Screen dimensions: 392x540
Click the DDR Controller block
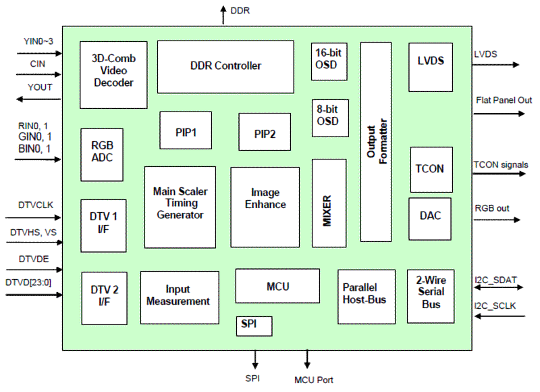[x=225, y=66]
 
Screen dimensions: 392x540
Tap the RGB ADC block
[x=102, y=154]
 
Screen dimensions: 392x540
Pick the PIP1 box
[x=185, y=130]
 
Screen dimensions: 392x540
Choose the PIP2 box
[x=265, y=132]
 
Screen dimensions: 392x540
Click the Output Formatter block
[x=376, y=142]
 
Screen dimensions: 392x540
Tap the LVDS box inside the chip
[x=431, y=67]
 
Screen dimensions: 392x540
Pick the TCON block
[x=431, y=169]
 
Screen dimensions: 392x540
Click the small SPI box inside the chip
[x=254, y=326]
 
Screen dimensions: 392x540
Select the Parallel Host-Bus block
[x=366, y=296]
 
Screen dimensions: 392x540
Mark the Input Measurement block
[x=179, y=296]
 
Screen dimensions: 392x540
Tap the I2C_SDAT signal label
[x=496, y=279]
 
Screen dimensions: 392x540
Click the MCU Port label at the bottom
[x=313, y=380]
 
